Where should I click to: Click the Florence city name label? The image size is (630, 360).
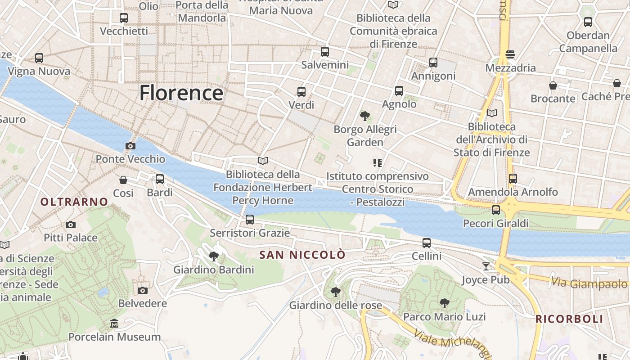(x=181, y=93)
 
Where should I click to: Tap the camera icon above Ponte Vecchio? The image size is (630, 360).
(x=130, y=146)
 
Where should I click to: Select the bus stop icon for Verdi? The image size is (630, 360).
(x=301, y=92)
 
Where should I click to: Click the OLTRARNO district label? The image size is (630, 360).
(x=74, y=202)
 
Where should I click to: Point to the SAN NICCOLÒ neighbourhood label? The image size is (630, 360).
(x=302, y=255)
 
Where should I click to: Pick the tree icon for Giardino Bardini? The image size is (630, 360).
(x=214, y=256)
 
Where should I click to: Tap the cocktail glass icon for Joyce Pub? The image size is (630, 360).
(x=486, y=266)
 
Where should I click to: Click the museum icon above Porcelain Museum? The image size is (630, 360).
(x=114, y=324)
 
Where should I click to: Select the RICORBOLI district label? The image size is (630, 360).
(x=569, y=319)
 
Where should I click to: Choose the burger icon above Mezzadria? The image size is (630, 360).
(x=510, y=54)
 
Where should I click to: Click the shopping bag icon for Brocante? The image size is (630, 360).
(x=553, y=85)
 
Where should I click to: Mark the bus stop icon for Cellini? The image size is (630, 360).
(x=427, y=243)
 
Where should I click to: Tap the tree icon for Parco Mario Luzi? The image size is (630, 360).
(x=444, y=303)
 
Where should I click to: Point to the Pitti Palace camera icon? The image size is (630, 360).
(x=71, y=225)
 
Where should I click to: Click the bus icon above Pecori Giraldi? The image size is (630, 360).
(x=496, y=210)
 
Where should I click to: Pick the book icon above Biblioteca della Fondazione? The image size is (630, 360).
(x=263, y=161)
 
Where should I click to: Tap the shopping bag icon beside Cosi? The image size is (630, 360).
(x=123, y=180)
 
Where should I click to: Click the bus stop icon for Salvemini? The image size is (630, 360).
(x=325, y=52)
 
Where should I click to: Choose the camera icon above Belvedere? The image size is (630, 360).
(x=143, y=290)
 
